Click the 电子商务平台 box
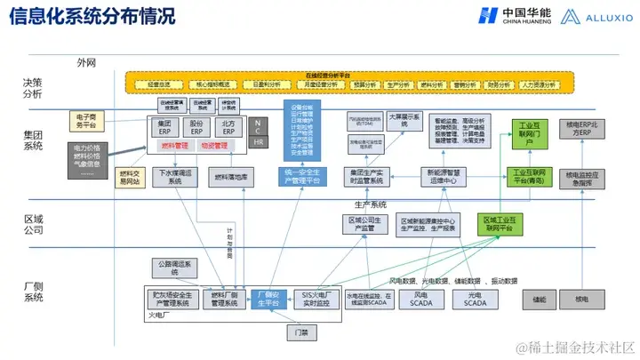pos(86,120)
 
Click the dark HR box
pos(258,142)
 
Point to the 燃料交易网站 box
pos(130,177)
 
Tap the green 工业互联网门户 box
pos(528,132)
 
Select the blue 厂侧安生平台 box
pos(268,299)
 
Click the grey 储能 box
pos(539,300)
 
